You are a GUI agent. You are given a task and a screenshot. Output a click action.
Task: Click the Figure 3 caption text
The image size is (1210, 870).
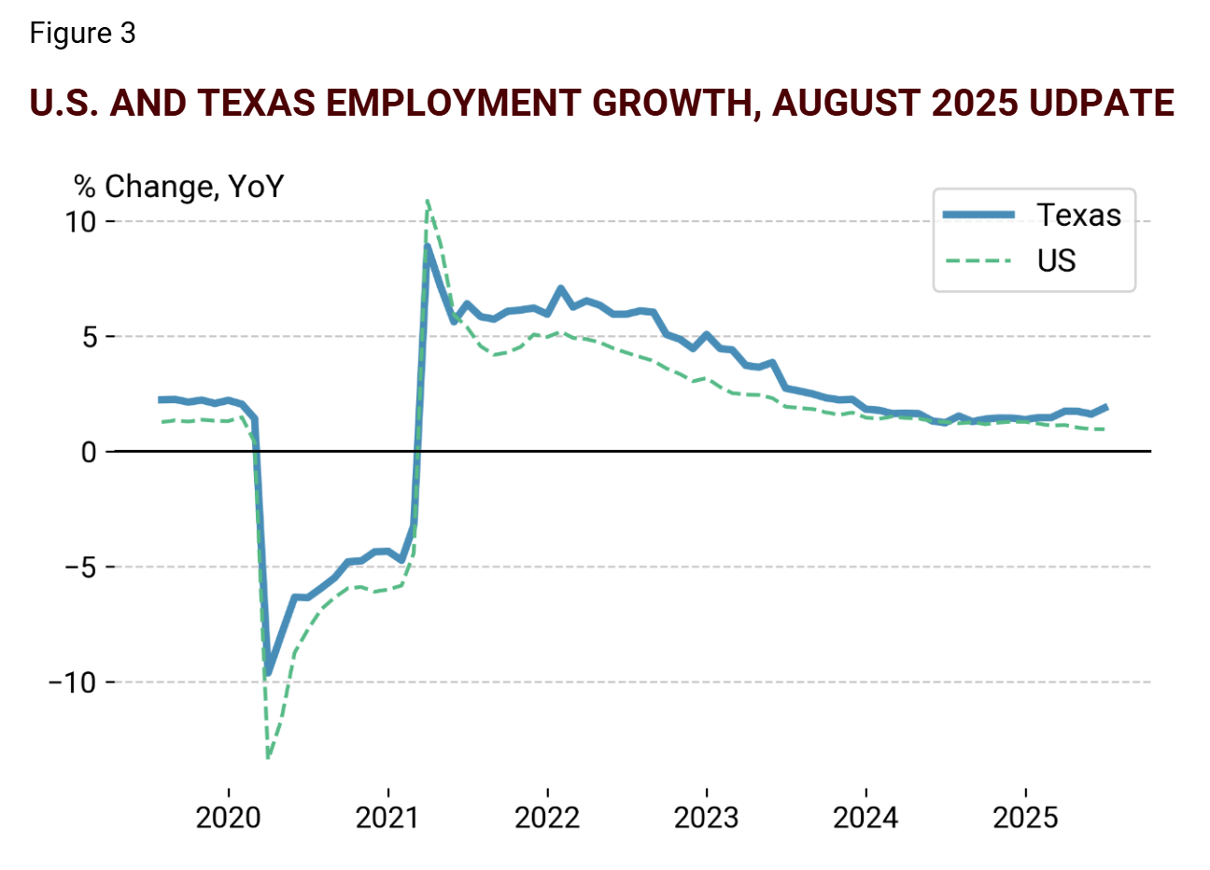(82, 34)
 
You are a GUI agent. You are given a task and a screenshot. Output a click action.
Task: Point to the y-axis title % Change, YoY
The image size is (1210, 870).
(178, 187)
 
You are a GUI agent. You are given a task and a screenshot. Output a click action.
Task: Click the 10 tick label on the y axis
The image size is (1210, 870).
(81, 222)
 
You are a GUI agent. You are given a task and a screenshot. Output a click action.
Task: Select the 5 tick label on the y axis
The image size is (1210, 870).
(90, 337)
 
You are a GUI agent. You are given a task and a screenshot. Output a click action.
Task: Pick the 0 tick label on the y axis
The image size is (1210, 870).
(90, 453)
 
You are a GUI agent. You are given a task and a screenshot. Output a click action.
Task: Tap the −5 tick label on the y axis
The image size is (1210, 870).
(80, 568)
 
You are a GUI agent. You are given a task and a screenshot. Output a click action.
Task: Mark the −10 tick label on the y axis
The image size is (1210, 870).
(73, 682)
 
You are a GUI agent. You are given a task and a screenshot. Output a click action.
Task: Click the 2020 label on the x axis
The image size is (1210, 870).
(229, 819)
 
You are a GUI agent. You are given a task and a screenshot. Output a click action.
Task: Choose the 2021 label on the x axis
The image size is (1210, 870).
(387, 819)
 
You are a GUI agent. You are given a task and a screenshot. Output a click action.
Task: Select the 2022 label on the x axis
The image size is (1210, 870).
(547, 819)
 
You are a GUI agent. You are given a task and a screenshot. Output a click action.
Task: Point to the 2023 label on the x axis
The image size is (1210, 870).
(706, 819)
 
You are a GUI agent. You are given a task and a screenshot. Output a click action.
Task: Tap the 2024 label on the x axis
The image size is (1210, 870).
(865, 819)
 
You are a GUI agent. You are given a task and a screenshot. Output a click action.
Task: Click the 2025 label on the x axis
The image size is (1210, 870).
(1025, 819)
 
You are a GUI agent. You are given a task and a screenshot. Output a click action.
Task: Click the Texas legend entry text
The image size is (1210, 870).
(1078, 216)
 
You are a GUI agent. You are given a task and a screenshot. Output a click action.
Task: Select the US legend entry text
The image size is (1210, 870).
(1056, 261)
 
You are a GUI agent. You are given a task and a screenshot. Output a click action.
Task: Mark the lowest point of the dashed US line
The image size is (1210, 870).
(268, 757)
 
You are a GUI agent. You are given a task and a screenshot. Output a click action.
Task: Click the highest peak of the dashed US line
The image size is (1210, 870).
(427, 201)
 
